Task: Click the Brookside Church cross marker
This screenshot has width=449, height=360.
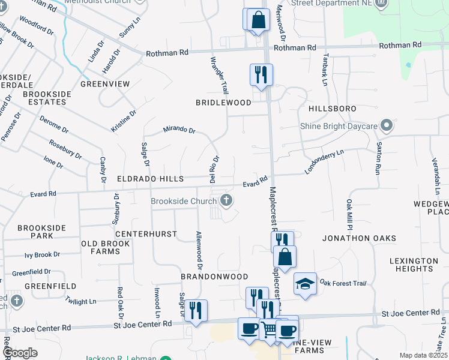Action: [226, 200]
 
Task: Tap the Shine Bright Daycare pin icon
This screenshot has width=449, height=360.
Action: [387, 126]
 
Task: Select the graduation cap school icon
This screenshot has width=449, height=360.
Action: [305, 283]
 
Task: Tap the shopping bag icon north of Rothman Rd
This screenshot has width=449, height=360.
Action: [257, 19]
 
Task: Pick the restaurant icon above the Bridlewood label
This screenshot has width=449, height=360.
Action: [261, 74]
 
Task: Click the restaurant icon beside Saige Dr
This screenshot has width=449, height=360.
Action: [196, 310]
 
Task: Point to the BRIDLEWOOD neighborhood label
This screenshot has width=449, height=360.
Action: [223, 103]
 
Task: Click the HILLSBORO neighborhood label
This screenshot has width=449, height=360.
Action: [332, 109]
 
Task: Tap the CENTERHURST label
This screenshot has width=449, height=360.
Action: [146, 233]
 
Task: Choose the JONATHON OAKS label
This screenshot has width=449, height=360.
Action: [359, 238]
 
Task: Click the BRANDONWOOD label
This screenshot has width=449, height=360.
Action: [214, 277]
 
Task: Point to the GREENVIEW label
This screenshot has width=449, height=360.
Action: [105, 84]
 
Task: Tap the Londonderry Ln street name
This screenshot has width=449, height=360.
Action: [324, 161]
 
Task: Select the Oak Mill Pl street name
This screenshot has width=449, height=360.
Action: [348, 215]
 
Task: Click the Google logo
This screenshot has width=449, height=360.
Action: [20, 352]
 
